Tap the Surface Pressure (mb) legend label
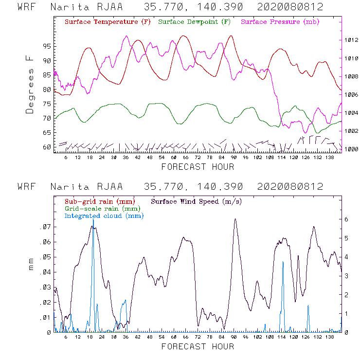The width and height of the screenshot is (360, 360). pos(277,22)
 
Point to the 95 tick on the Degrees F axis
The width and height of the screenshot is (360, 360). pos(45,46)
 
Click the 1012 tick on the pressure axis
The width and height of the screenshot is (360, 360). pos(351,40)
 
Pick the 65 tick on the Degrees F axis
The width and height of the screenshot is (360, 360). pos(45,133)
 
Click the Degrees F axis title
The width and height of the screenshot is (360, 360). pos(30,84)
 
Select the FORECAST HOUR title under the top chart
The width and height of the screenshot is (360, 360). pos(198,167)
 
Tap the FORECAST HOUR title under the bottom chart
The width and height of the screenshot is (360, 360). pos(198,346)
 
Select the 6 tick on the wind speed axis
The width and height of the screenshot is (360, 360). pos(347,219)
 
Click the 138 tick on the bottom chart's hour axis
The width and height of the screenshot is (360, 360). pos(329,337)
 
